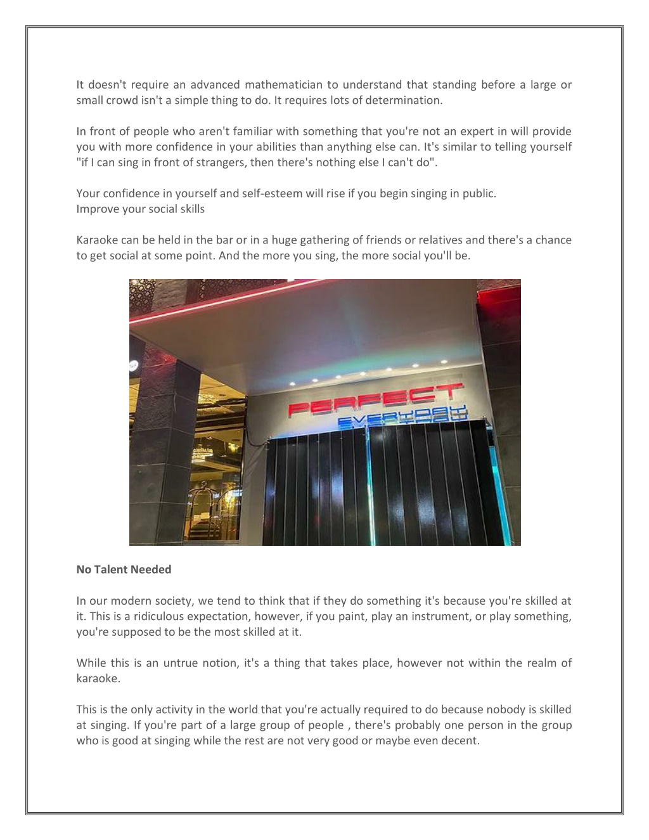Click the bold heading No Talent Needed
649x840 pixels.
pos(124,569)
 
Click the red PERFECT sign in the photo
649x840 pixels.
pos(374,399)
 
